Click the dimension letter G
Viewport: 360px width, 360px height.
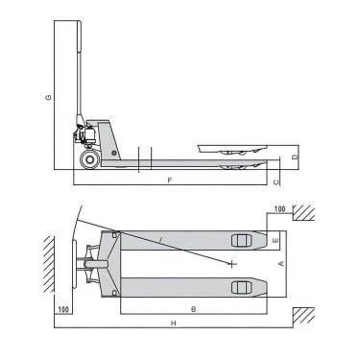[47, 98]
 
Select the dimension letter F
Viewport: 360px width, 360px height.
[169, 180]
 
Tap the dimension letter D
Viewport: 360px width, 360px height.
[295, 156]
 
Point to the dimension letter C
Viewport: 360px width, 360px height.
[276, 180]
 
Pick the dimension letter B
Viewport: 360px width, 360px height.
[193, 310]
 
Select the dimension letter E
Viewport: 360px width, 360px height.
[275, 238]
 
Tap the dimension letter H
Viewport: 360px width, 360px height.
[173, 324]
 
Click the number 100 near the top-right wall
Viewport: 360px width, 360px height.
[279, 208]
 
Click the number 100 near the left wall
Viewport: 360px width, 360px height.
[62, 310]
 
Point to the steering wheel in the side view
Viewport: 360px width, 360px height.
[89, 158]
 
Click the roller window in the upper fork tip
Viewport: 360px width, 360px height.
[241, 240]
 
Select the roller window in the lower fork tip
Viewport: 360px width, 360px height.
[241, 286]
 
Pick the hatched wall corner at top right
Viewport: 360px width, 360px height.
[306, 212]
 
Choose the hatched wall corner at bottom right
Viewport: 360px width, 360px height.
[306, 314]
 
